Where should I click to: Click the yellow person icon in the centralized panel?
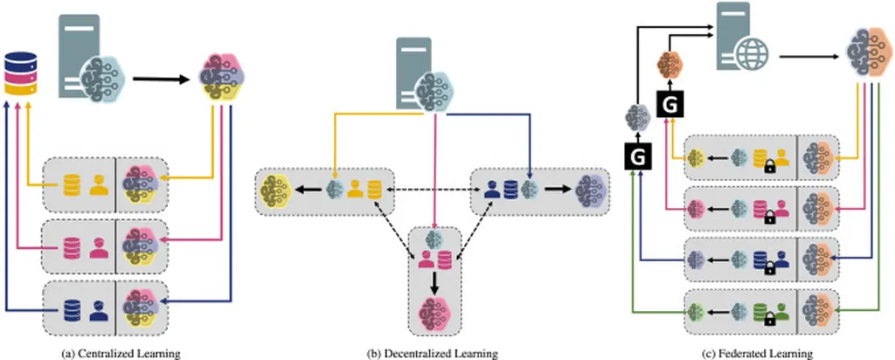coord(101,185)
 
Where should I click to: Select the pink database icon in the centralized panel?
coord(73,245)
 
